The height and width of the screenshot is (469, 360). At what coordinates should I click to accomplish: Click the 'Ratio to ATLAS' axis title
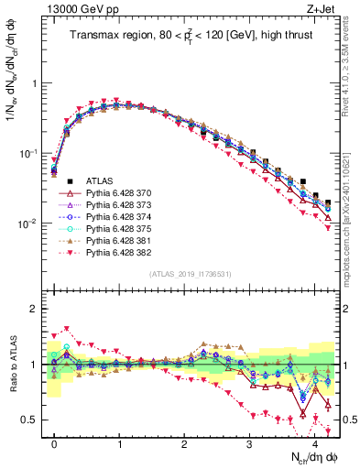[x=12, y=365]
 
